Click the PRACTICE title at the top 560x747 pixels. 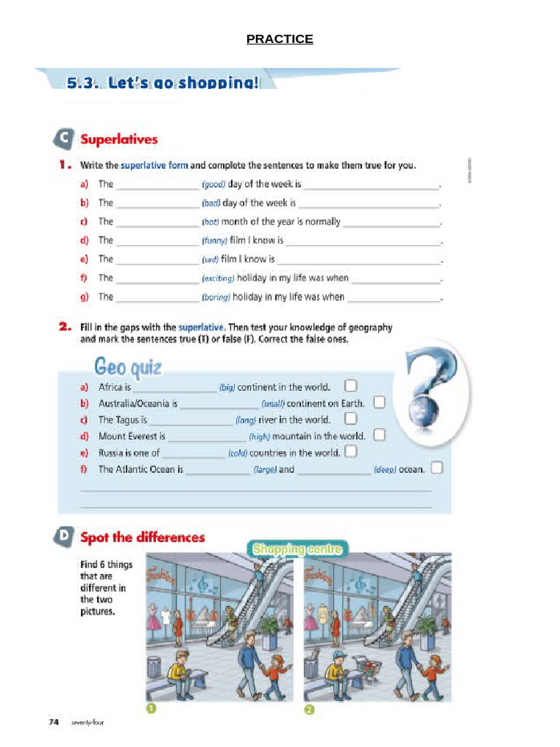click(279, 39)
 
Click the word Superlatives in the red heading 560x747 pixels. click(119, 139)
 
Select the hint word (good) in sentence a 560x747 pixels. click(213, 185)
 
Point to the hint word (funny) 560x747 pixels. click(215, 241)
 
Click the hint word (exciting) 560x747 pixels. click(218, 279)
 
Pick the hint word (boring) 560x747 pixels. click(216, 298)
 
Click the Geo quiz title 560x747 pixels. click(128, 365)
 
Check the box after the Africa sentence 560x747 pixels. click(350, 386)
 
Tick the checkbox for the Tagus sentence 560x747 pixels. click(351, 419)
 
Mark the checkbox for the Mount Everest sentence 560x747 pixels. click(379, 436)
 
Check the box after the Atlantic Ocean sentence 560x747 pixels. click(436, 468)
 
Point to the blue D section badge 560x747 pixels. click(65, 537)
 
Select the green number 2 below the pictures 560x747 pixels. click(308, 710)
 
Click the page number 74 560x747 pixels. click(53, 722)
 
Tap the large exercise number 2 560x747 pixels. click(64, 328)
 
